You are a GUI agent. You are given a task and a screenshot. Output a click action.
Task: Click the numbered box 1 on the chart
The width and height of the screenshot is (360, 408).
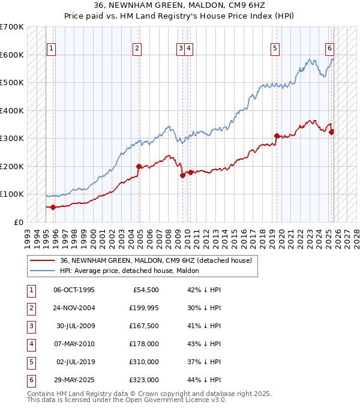point(52,49)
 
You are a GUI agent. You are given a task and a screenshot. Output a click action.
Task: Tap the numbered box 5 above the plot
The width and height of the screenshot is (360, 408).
point(275,49)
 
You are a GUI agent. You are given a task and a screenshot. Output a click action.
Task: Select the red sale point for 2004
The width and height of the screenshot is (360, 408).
point(139,166)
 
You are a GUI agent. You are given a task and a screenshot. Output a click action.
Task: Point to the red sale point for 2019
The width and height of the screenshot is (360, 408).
point(277,136)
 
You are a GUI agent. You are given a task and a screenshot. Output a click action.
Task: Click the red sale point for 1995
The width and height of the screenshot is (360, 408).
point(53,207)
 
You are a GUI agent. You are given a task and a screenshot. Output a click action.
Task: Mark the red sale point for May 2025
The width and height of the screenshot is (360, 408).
point(331,132)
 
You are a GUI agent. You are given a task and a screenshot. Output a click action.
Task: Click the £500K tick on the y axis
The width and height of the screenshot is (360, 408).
point(11,83)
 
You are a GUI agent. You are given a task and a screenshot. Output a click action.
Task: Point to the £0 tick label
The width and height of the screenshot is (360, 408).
point(19,222)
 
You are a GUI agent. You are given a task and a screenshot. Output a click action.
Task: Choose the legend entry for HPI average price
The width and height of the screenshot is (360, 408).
point(133,271)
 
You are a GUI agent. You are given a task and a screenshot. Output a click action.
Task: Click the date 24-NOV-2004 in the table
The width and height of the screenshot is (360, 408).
point(74,308)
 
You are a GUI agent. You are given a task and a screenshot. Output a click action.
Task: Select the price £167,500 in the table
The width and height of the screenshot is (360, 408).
point(143,326)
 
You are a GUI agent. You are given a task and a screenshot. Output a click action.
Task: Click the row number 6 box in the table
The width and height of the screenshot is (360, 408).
point(30,380)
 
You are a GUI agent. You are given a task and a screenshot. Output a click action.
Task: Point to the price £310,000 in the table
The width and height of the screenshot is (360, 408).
point(143,362)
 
